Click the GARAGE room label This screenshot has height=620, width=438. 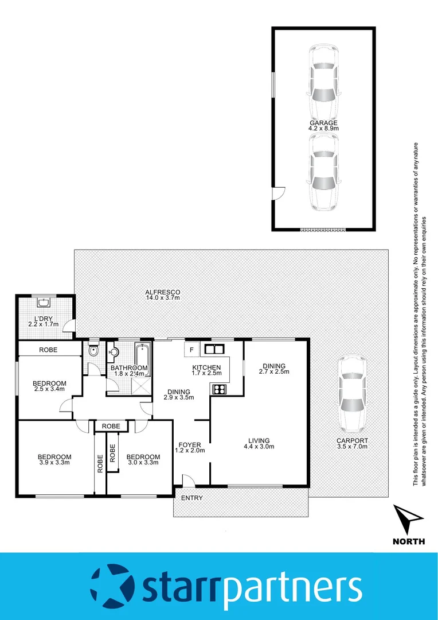click(x=324, y=123)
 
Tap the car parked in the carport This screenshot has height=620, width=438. click(x=351, y=394)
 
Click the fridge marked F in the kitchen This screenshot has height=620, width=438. click(x=191, y=349)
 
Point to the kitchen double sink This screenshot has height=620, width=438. click(x=214, y=349)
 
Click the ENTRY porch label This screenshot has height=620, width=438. click(x=191, y=498)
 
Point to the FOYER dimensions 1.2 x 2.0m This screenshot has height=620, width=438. click(x=189, y=451)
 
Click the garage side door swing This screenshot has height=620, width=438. click(x=278, y=194)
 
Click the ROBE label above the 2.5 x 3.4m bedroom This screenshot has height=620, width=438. click(x=48, y=350)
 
